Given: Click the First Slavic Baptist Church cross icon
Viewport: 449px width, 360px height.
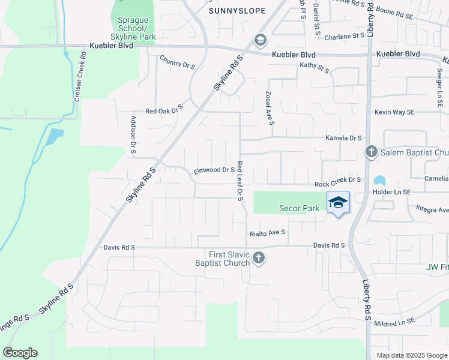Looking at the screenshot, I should click(x=259, y=258).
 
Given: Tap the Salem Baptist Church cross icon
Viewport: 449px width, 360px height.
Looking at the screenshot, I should click(x=371, y=152).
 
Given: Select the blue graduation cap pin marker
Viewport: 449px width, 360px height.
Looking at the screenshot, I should click(x=338, y=203).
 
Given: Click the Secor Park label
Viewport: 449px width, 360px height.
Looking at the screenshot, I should click(x=299, y=209).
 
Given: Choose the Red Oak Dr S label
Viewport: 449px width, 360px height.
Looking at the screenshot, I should click(x=164, y=111).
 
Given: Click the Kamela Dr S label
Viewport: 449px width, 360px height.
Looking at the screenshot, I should click(x=343, y=138).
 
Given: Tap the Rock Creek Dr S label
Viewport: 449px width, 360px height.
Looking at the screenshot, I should click(x=337, y=179).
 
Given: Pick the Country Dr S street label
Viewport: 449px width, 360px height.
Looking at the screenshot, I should click(x=177, y=62).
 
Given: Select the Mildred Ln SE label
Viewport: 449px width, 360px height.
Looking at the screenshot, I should click(x=395, y=322).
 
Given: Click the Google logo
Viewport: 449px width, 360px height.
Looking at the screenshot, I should click(x=20, y=353).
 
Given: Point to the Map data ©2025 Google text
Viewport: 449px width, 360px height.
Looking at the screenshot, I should click(x=411, y=355).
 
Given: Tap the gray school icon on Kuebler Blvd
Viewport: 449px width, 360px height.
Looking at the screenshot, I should click(x=260, y=41).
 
